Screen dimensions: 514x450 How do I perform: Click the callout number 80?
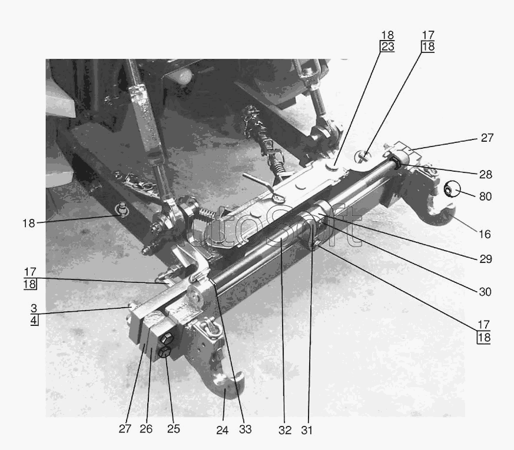coord(485,196)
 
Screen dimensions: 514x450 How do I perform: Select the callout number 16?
coord(485,234)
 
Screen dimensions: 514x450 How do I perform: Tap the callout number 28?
coord(486,174)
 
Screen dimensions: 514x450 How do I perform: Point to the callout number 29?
coord(486,259)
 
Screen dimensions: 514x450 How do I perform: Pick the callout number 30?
coord(485,292)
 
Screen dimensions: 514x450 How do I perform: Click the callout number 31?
coord(307,430)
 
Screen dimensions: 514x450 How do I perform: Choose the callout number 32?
coord(285,430)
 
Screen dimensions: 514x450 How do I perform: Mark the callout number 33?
coord(245,429)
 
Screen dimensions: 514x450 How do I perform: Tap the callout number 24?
coord(222,430)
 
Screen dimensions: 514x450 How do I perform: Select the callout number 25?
coord(174,429)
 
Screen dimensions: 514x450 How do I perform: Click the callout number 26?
coord(146,429)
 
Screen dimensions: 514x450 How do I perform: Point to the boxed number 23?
coord(387,46)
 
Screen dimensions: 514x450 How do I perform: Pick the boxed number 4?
coord(34,320)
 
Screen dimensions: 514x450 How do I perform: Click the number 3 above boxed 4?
coord(34,308)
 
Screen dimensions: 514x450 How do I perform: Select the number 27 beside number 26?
coord(125,429)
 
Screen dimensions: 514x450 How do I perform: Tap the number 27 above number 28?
coord(487,138)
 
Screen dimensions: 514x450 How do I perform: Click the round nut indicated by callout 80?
coord(452,189)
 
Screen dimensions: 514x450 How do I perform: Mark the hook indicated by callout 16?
coord(442,215)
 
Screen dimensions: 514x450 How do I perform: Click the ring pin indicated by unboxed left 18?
coord(122,209)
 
